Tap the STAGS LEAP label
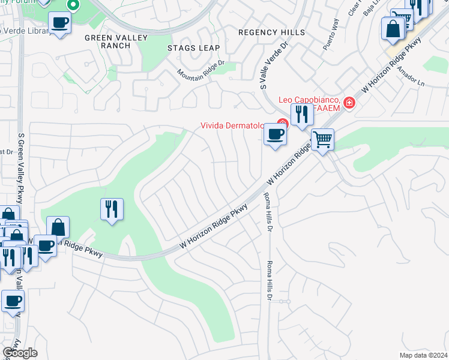[x=194, y=47]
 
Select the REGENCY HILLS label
[x=271, y=32]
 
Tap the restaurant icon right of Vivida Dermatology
[x=301, y=113]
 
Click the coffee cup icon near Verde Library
[x=59, y=23]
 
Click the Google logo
[x=19, y=352]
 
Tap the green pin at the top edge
[x=73, y=5]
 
